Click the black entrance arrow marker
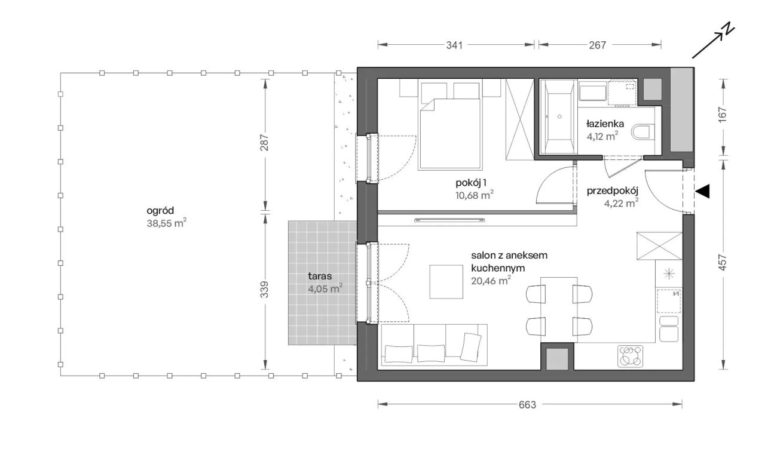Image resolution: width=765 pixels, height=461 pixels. click(x=702, y=191)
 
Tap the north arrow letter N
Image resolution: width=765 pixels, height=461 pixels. click(x=729, y=29)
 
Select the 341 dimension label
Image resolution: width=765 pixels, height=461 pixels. click(x=455, y=45)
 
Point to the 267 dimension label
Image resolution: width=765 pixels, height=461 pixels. click(x=597, y=45)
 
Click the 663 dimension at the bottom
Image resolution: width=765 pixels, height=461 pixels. click(x=527, y=405)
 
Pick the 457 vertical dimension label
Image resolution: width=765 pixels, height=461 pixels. click(x=723, y=262)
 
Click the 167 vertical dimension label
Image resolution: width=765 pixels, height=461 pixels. click(x=723, y=115)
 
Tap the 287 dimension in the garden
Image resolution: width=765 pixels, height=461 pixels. click(x=264, y=143)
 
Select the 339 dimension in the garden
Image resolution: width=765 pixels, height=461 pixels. click(x=264, y=290)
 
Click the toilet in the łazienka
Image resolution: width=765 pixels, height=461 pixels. click(x=641, y=133)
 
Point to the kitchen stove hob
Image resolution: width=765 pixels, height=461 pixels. click(x=631, y=356)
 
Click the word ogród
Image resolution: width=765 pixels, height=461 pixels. click(x=160, y=211)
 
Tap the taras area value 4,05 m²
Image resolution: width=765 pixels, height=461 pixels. click(x=325, y=288)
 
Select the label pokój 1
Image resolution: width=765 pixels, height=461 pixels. click(x=470, y=183)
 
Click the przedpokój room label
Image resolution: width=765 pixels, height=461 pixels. click(x=613, y=191)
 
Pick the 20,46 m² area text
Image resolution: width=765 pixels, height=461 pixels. click(x=491, y=281)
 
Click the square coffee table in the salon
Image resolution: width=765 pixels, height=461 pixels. click(x=446, y=282)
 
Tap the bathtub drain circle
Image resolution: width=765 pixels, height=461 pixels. click(x=559, y=116)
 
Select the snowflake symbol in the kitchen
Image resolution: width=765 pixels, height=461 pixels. click(x=669, y=273)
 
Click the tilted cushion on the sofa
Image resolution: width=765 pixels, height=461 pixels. click(x=470, y=347)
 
